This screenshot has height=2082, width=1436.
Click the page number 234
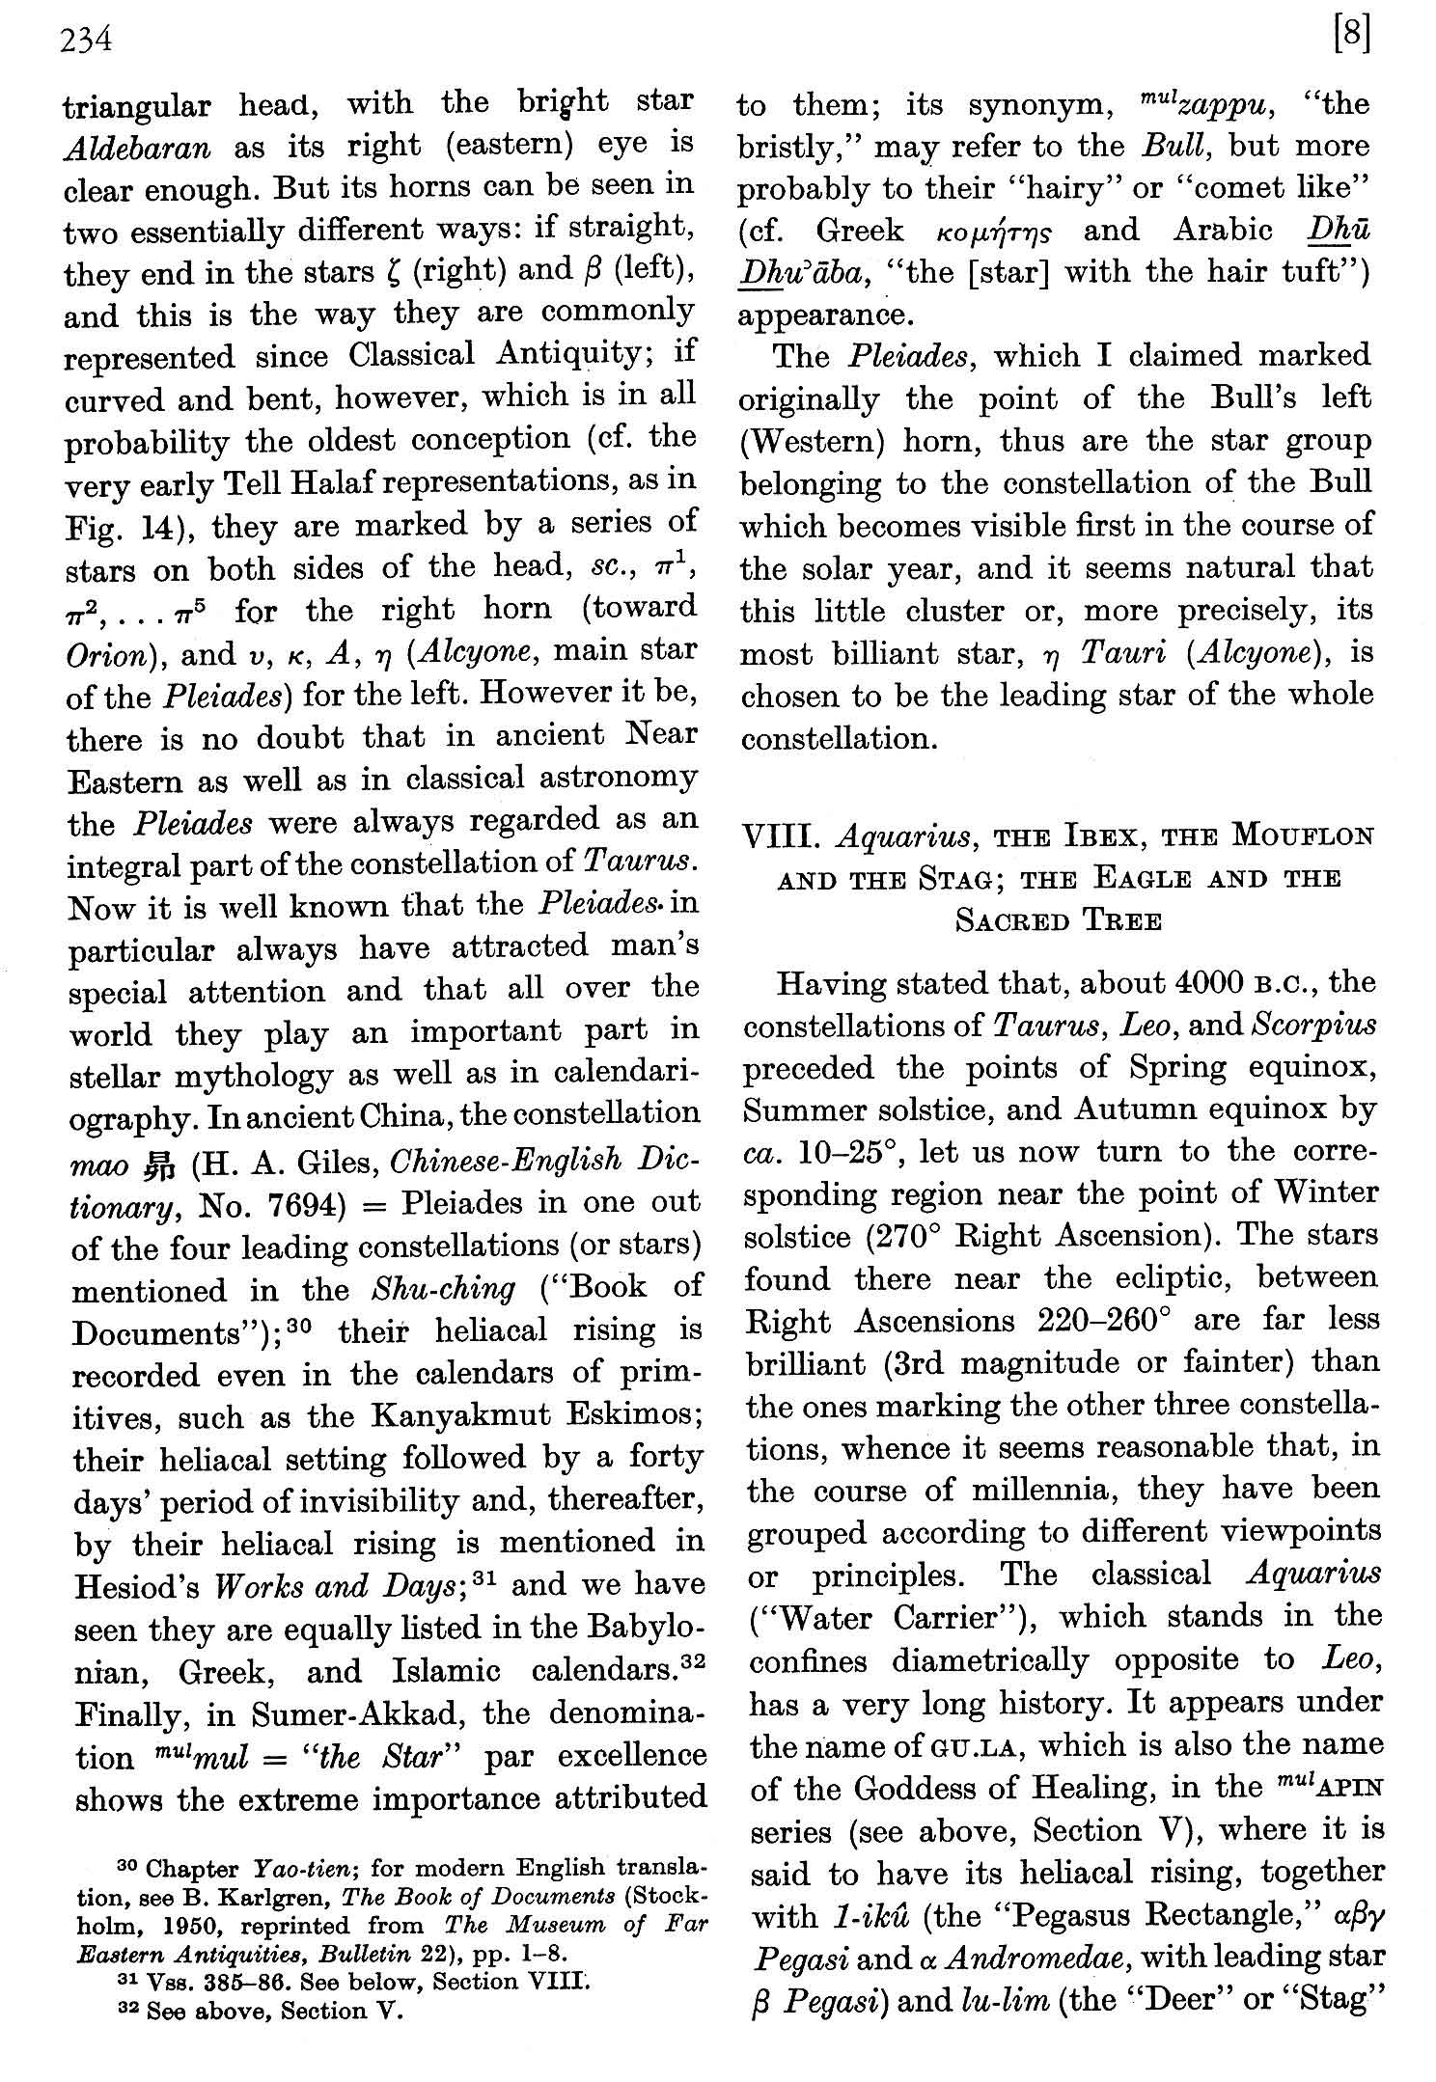point(87,41)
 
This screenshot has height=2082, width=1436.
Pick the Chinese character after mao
point(157,1164)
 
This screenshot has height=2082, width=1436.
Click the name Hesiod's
point(135,1587)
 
